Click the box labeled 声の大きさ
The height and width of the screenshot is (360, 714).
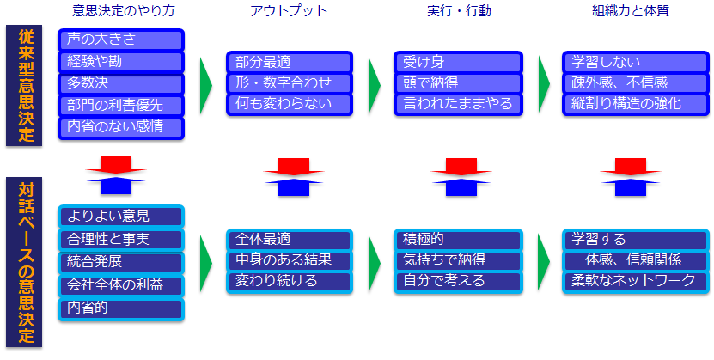121,40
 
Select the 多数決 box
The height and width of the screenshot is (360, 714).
121,84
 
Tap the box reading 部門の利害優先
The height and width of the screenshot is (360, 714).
121,106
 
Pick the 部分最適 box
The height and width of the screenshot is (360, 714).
290,62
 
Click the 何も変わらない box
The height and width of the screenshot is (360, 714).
290,105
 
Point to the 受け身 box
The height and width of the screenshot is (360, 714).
458,62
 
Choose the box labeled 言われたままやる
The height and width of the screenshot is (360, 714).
458,105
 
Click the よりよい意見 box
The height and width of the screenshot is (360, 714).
121,217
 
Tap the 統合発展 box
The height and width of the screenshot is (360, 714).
121,263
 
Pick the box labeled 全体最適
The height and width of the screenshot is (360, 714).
290,240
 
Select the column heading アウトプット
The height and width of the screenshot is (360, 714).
289,11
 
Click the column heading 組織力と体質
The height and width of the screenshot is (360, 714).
630,11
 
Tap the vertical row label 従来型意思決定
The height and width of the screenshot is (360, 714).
24,86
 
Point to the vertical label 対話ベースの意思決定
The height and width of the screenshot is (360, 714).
24,262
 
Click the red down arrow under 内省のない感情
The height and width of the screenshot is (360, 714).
116,165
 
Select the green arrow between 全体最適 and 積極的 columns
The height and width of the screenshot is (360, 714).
375,263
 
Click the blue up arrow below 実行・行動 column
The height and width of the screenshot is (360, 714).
461,186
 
